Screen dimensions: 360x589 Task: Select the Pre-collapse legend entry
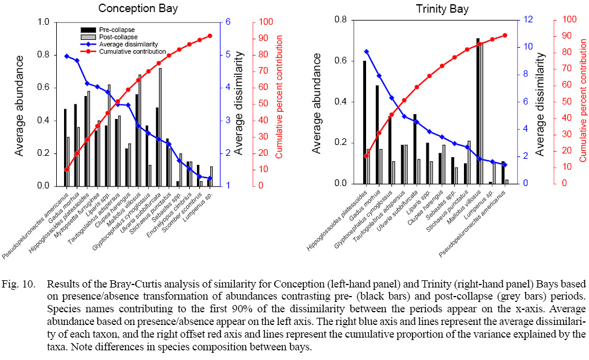pyautogui.click(x=117, y=29)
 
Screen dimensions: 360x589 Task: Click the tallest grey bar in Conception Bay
pyautogui.click(x=160, y=127)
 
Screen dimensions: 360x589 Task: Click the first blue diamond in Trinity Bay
pyautogui.click(x=366, y=51)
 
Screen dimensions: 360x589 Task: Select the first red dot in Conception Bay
pyautogui.click(x=66, y=170)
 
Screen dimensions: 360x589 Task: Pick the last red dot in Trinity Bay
pyautogui.click(x=505, y=35)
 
